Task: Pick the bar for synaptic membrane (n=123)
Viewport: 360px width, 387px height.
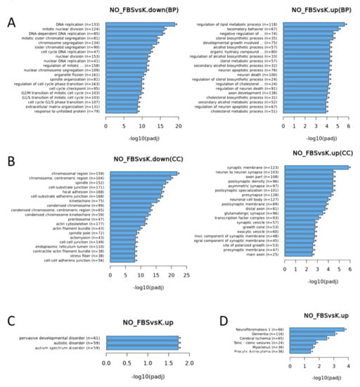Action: [310, 167]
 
